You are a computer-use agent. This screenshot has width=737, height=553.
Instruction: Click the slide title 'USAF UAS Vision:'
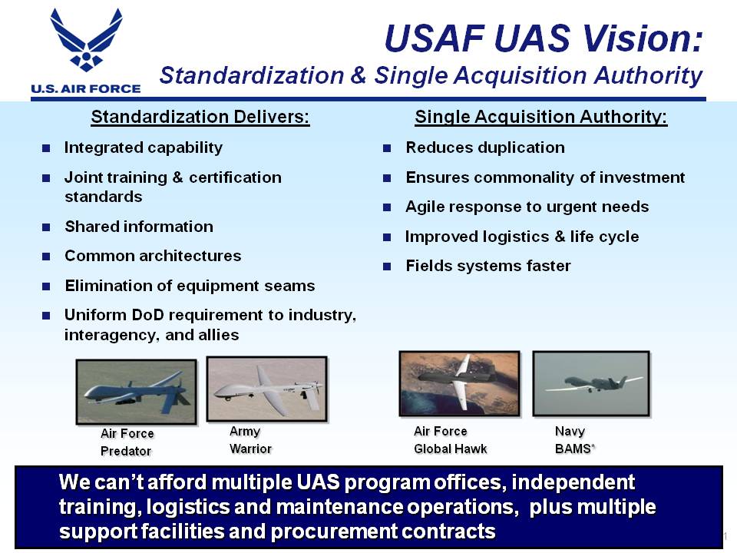544,38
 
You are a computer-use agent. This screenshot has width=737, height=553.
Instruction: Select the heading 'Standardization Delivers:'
200,117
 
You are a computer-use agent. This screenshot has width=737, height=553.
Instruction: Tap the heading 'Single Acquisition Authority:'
541,117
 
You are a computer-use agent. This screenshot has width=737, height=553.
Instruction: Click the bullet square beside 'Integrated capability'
46,148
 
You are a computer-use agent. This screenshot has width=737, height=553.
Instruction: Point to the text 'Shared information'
139,227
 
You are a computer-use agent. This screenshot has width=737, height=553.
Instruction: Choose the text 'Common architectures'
153,256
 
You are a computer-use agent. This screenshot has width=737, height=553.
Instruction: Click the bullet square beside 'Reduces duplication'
387,148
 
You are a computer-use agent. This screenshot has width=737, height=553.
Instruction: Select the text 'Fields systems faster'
488,267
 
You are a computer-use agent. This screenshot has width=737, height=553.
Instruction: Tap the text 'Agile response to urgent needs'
527,207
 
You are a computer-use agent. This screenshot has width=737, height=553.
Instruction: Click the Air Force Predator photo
137,392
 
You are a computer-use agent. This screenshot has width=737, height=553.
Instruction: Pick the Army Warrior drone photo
267,389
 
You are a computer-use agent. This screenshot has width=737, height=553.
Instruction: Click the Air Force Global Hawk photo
460,384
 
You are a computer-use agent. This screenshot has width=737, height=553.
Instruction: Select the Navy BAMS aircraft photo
591,384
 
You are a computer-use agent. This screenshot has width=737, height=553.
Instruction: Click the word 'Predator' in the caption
126,452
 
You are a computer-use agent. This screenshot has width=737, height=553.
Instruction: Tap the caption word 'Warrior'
250,449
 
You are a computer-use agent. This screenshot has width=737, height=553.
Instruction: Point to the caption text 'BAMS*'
575,449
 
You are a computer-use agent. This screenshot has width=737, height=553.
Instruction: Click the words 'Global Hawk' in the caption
451,449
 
